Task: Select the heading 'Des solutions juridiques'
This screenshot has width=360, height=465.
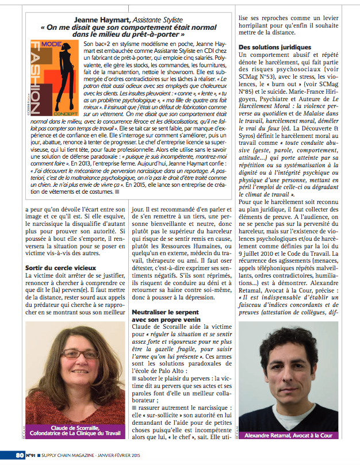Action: pyautogui.click(x=275, y=47)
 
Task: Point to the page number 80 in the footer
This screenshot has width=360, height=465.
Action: pyautogui.click(x=20, y=457)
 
